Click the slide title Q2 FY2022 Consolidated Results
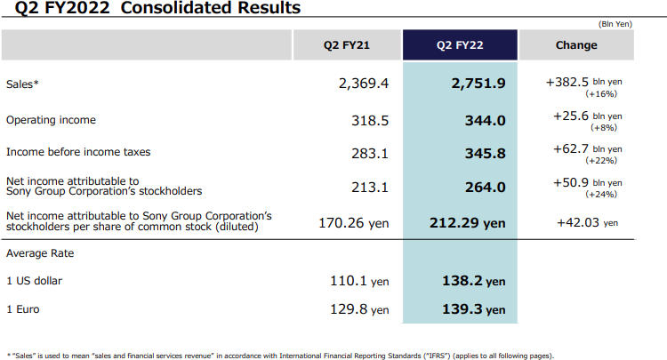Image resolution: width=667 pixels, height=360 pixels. coord(151,9)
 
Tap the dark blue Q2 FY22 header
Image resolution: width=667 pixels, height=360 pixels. coord(460,44)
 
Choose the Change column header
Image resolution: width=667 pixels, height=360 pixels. coord(575,44)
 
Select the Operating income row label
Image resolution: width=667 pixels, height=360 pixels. coord(51,119)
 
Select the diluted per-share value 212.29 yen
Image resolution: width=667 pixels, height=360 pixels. coord(472,222)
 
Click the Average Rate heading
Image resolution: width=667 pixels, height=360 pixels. coord(39,253)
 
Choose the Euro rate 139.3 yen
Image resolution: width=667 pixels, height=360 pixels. coord(473,309)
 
